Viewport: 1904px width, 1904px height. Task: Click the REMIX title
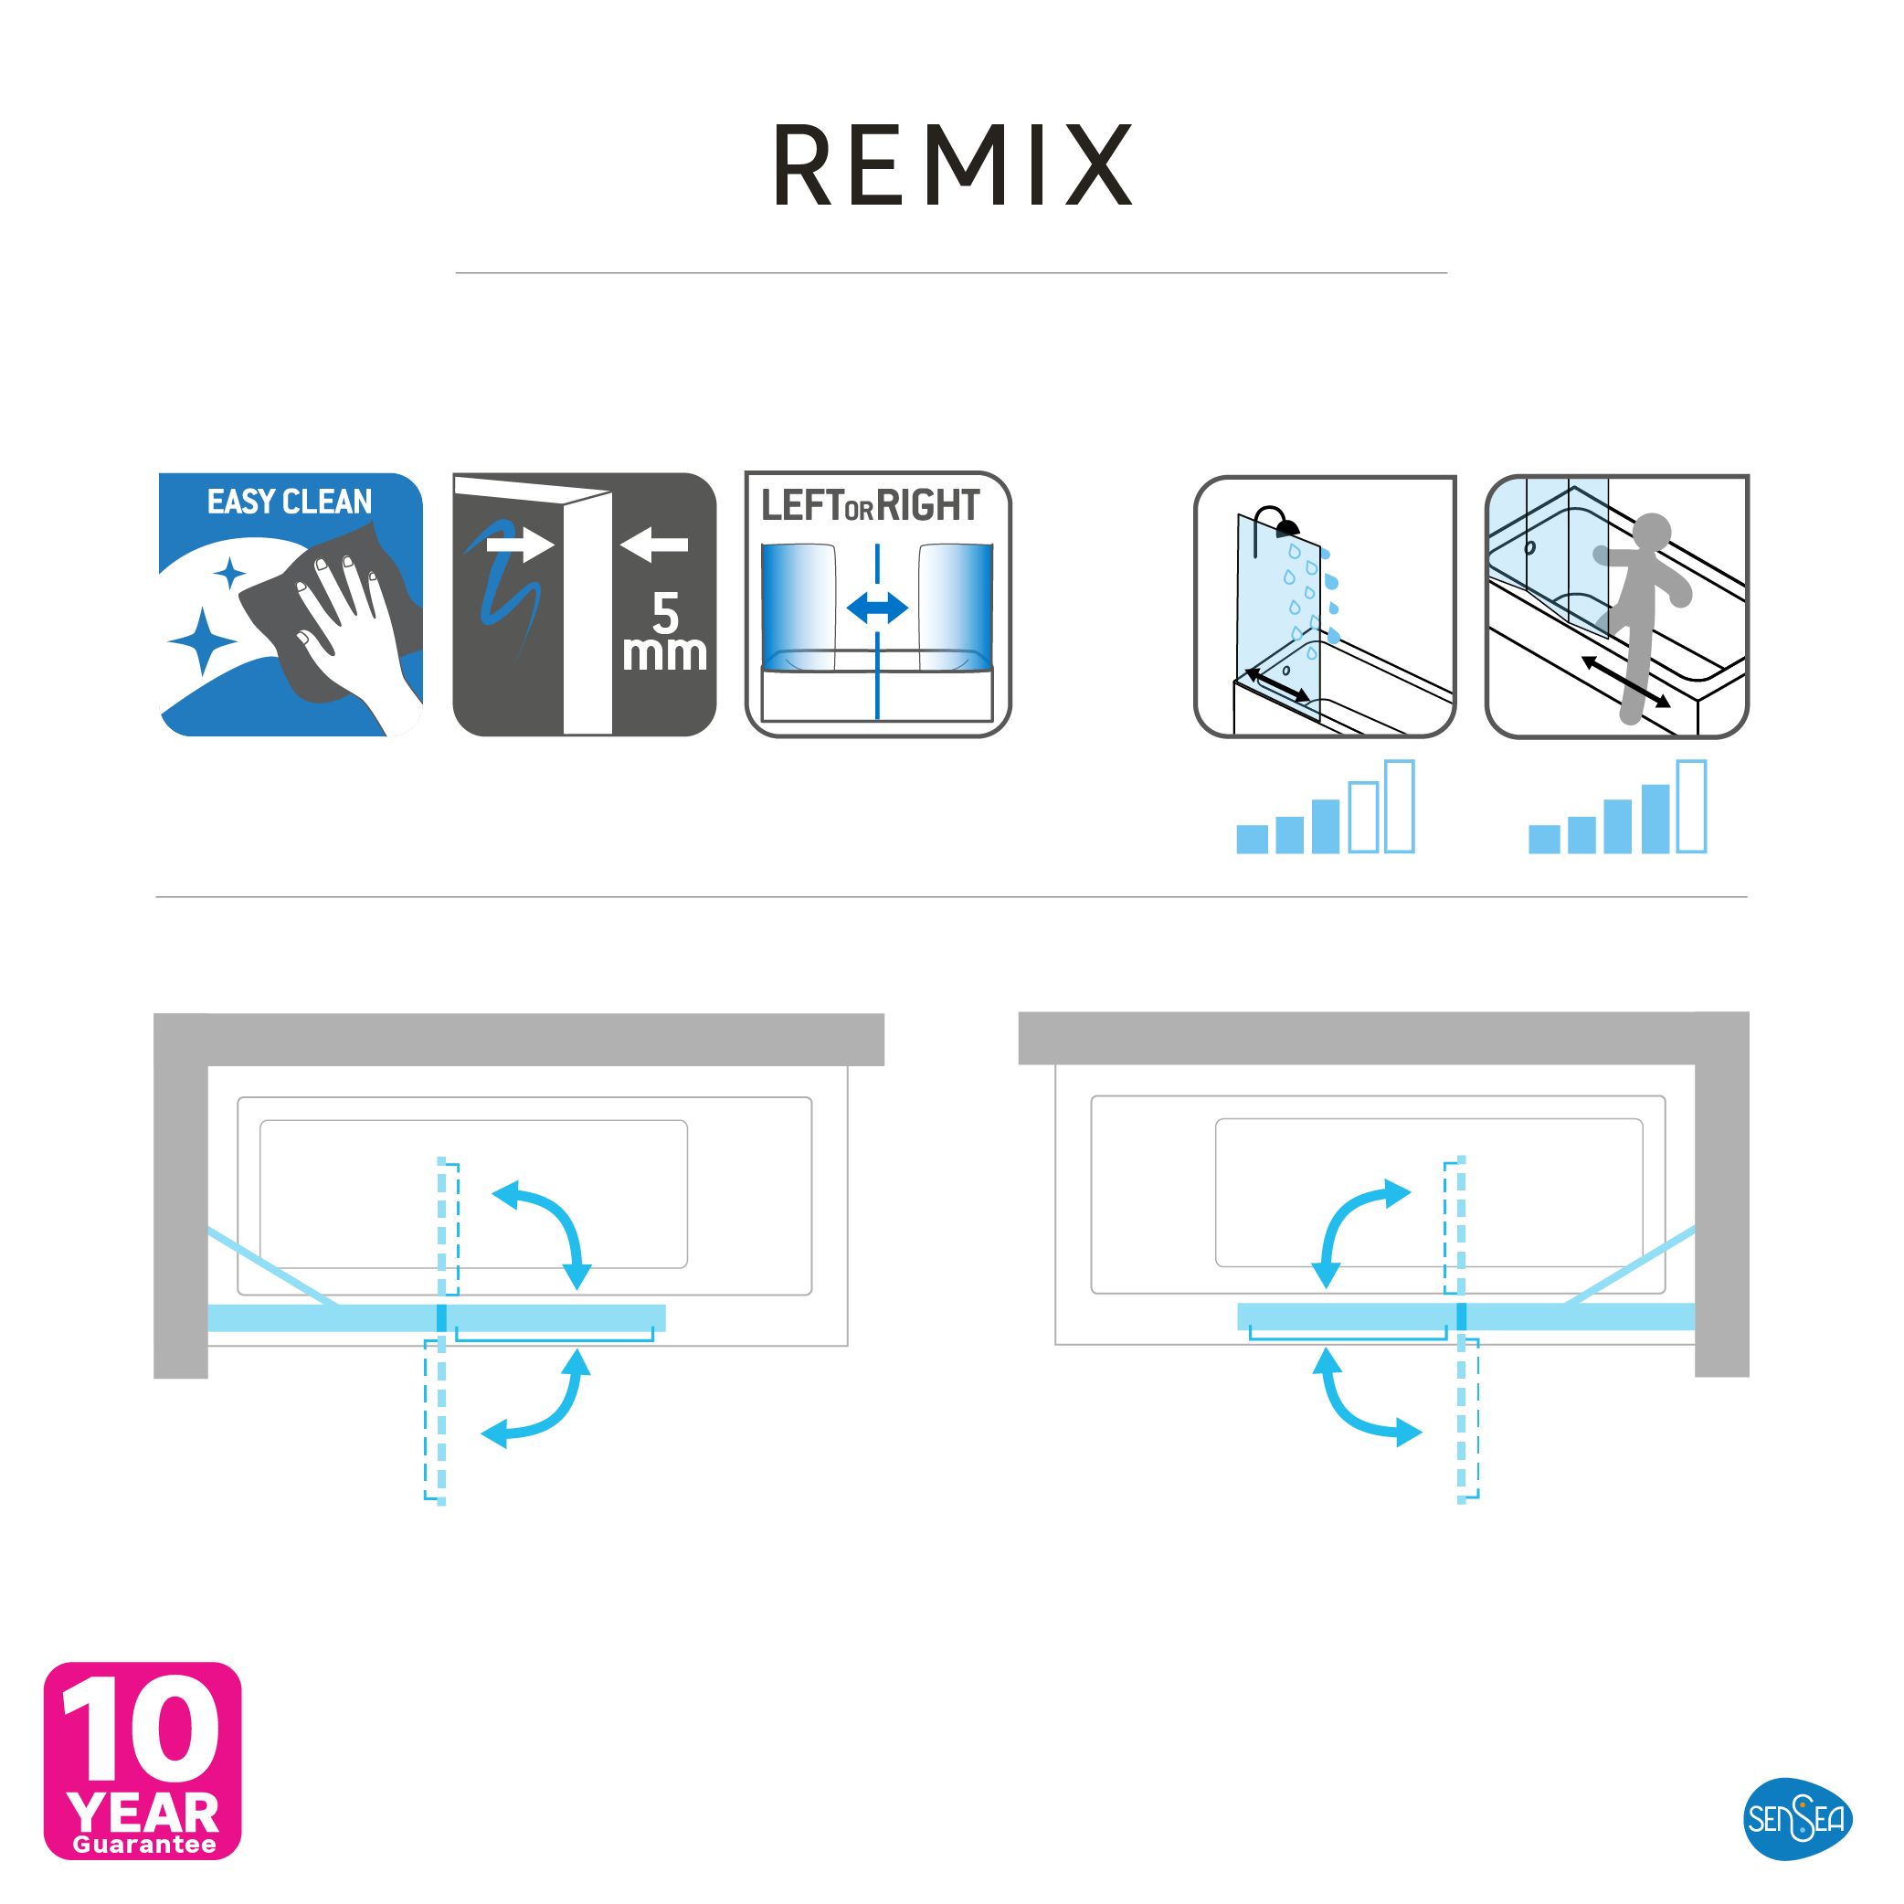pyautogui.click(x=952, y=164)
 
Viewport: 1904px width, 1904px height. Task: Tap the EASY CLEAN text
pyautogui.click(x=290, y=502)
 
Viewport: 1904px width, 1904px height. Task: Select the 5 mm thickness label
pyautogui.click(x=665, y=630)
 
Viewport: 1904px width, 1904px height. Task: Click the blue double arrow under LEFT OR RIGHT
pyautogui.click(x=877, y=608)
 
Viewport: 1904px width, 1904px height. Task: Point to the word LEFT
pyautogui.click(x=802, y=505)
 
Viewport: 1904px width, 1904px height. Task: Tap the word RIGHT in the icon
pyautogui.click(x=928, y=505)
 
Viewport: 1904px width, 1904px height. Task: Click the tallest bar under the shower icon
pyautogui.click(x=1400, y=806)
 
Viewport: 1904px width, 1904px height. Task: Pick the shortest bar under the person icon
pyautogui.click(x=1544, y=839)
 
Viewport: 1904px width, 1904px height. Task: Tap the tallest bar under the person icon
pyautogui.click(x=1691, y=806)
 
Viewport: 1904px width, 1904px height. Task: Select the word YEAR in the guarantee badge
pyautogui.click(x=143, y=1814)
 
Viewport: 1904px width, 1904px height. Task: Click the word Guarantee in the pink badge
pyautogui.click(x=145, y=1845)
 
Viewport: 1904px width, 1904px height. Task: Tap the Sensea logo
pyautogui.click(x=1796, y=1818)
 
